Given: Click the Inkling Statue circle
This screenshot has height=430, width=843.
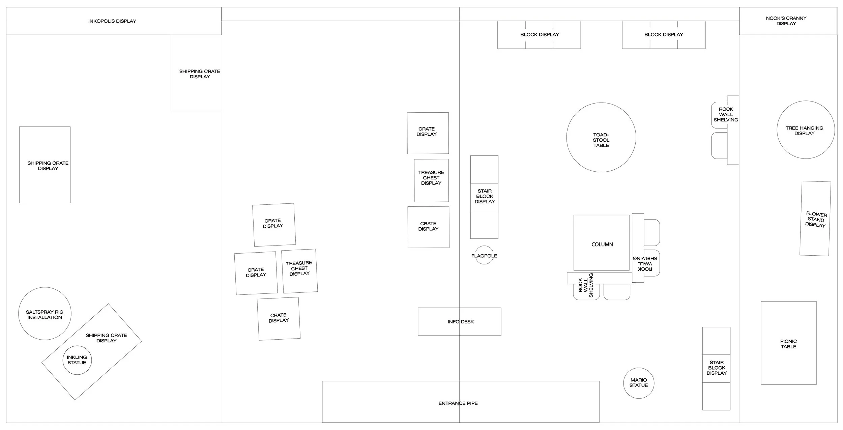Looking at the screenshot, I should [x=77, y=360].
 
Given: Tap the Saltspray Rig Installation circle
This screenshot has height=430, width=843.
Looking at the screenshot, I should [x=45, y=314].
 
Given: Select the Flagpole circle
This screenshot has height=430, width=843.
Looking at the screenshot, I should [x=484, y=255].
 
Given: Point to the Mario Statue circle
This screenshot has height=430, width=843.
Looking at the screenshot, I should [x=639, y=383].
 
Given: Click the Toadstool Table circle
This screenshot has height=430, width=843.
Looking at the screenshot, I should [x=601, y=138].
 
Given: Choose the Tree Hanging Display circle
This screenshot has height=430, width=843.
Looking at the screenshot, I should [x=806, y=130].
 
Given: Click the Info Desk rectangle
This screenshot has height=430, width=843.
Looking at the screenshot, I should [x=460, y=322].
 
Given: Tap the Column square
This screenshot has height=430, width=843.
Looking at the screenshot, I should [x=602, y=243].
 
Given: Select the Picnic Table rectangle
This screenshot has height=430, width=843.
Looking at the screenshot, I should [x=788, y=343].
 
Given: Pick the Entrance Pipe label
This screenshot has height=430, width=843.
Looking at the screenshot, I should [x=458, y=403].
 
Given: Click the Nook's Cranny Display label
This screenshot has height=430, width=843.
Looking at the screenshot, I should [x=786, y=21].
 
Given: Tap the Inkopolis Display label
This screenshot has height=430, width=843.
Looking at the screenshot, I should [x=112, y=21].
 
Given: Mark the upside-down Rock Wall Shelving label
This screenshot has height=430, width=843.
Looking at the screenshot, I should [x=645, y=263].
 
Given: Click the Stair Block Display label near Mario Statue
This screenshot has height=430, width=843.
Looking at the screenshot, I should [x=717, y=368].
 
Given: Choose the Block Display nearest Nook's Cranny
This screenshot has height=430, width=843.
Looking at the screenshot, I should [x=664, y=35].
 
